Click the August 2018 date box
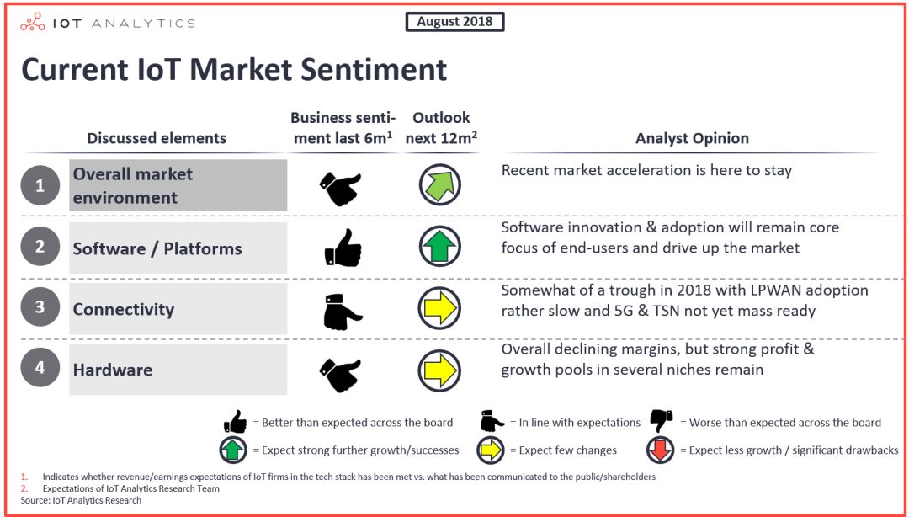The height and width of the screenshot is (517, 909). click(454, 22)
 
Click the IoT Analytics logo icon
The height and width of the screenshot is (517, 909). click(33, 23)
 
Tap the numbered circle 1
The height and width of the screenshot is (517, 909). click(40, 185)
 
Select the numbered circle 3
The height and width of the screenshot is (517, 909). click(40, 306)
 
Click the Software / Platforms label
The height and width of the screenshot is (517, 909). click(157, 248)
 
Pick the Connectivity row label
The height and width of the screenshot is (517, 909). click(124, 309)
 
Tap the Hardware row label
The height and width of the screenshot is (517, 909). click(113, 370)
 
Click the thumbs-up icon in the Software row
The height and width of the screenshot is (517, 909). click(343, 248)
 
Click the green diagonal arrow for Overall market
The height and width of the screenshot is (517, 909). click(440, 184)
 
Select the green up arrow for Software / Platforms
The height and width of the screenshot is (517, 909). click(440, 247)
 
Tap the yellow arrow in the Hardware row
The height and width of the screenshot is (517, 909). click(440, 370)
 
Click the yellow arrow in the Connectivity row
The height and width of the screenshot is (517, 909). click(440, 308)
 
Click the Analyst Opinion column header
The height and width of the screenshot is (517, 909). click(692, 138)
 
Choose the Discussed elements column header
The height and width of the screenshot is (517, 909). click(157, 138)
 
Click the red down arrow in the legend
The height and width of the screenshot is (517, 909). click(661, 450)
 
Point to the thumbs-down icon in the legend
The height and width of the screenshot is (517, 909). click(662, 421)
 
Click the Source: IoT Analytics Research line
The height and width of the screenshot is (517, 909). click(81, 499)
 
